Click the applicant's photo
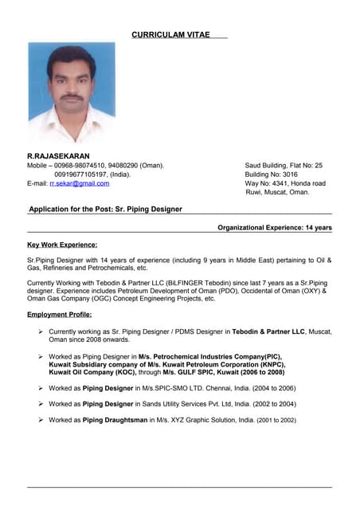pos(72,92)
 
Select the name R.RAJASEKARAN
pos(58,155)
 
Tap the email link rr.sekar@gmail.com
pos(79,183)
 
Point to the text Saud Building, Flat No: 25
pos(284,165)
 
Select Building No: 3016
pos(272,174)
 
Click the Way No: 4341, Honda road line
pos(285,183)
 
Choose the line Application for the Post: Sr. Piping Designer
pos(105,210)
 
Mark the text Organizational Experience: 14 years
pos(275,228)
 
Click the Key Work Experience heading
pos(62,245)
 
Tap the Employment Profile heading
pos(60,315)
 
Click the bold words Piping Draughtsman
pos(115,419)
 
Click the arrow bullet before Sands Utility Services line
pos(40,403)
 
